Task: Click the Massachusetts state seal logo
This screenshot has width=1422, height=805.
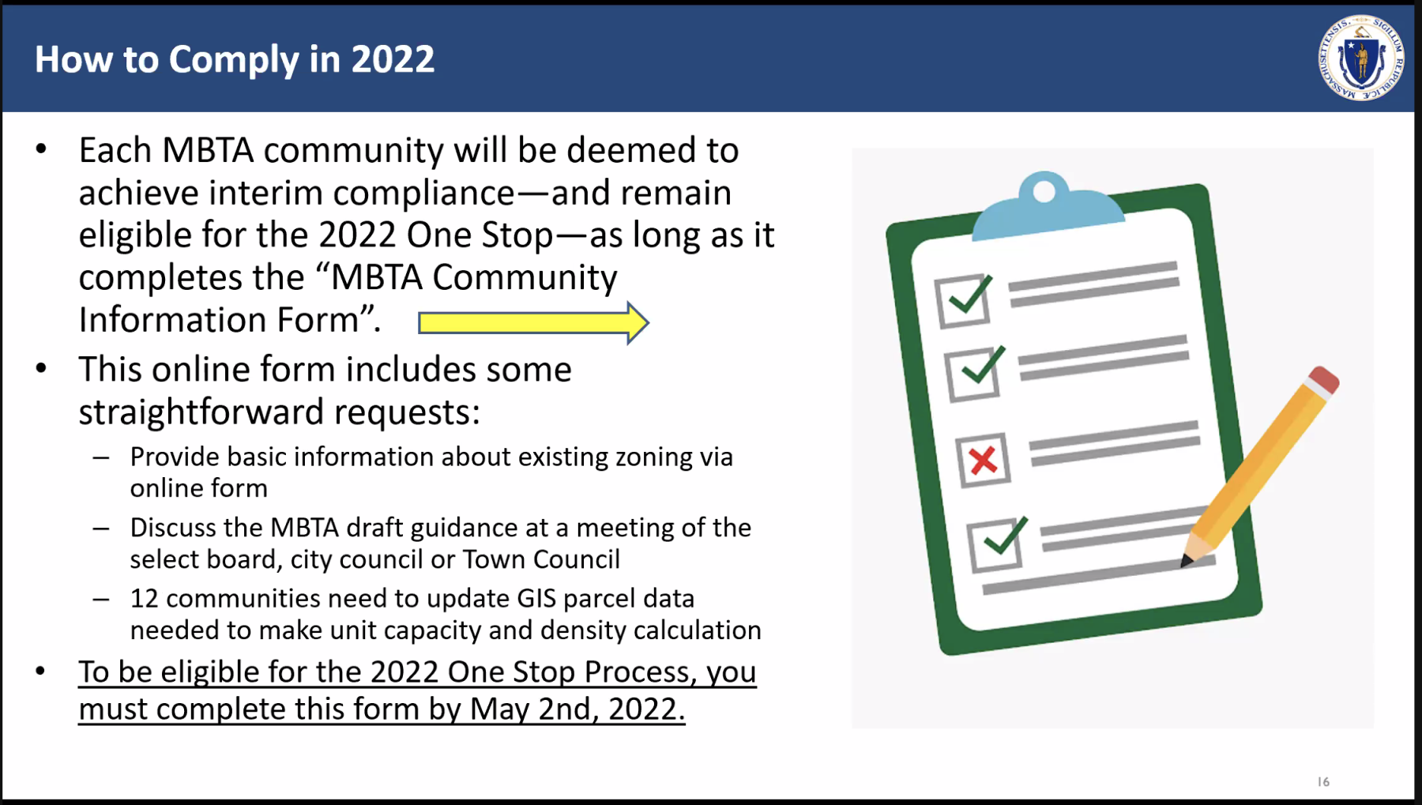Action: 1360,58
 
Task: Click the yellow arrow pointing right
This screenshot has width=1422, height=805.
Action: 533,322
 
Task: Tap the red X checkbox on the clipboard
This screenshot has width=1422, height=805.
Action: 983,460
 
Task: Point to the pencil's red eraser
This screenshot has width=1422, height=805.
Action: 1324,379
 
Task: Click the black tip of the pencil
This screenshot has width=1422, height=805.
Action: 1186,561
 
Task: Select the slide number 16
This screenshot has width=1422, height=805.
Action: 1323,781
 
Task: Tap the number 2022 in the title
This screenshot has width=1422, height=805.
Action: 393,59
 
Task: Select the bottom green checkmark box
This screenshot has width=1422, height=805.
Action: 995,544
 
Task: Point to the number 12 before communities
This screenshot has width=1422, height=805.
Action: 145,598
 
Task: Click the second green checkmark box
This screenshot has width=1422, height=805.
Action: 974,374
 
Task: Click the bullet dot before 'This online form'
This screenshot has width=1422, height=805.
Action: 41,368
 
